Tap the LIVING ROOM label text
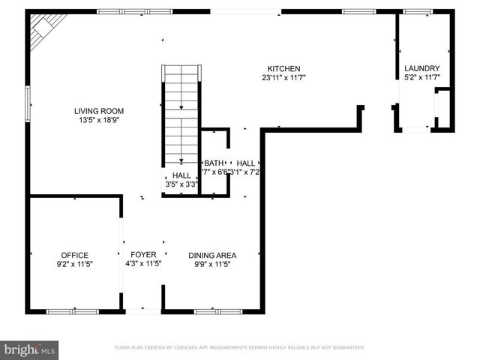tap(99, 111)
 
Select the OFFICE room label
tap(75, 255)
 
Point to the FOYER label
tap(142, 255)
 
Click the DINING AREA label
tap(212, 255)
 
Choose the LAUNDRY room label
tap(421, 68)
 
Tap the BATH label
tap(214, 163)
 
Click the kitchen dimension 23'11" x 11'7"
tap(283, 77)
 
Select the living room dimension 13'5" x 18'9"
tap(99, 120)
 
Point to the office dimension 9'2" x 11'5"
tap(75, 264)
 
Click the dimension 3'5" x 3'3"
tap(181, 184)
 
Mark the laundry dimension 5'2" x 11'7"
tap(421, 77)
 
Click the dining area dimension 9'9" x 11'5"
tap(212, 264)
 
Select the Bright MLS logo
tap(30, 349)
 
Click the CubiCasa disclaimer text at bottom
tap(239, 347)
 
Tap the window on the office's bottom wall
tap(73, 310)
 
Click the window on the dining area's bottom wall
tap(217, 310)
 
